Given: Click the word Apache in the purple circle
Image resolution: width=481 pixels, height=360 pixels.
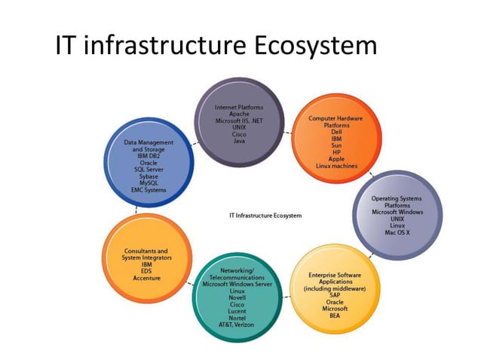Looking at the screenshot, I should [x=239, y=114].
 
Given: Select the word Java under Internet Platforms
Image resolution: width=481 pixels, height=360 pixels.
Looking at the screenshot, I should [x=239, y=141].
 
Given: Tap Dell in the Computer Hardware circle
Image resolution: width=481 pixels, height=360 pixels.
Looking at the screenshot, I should [x=337, y=132].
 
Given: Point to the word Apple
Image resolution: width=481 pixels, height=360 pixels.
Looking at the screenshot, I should [x=337, y=159].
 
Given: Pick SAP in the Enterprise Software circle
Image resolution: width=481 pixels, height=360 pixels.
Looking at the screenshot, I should [x=335, y=295].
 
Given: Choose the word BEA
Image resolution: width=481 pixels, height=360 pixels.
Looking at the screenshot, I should [x=335, y=316].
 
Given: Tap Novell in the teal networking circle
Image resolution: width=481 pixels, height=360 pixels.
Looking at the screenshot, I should [x=237, y=297].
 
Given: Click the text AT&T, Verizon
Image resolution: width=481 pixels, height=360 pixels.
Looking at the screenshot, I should [x=237, y=325].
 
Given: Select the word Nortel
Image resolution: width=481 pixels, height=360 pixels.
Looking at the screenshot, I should [x=237, y=318].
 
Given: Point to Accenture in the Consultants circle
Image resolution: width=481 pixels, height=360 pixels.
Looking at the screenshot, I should [x=146, y=278].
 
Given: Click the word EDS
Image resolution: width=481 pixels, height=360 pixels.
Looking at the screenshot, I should [x=146, y=271].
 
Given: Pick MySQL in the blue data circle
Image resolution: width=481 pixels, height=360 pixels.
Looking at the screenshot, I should [x=149, y=183].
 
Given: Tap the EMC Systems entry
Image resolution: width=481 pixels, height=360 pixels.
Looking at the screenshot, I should [x=149, y=190].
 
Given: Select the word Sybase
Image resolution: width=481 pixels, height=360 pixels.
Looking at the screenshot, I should [x=149, y=176].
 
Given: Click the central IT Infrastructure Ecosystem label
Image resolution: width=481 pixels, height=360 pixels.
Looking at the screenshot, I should [x=265, y=215].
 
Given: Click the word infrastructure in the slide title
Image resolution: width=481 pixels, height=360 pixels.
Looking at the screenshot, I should [x=162, y=47].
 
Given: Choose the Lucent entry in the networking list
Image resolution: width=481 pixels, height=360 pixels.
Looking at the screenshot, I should [x=237, y=311].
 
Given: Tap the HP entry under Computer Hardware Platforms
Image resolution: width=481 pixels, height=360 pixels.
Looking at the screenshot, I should [x=337, y=152].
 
